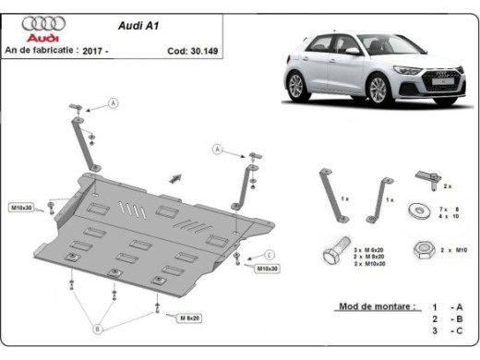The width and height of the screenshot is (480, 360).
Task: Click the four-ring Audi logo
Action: click(x=40, y=22)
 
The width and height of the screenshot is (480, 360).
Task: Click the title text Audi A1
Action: click(x=140, y=26)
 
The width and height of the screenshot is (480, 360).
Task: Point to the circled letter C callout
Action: click(x=270, y=254)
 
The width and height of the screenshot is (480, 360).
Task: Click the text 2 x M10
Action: click(x=453, y=250)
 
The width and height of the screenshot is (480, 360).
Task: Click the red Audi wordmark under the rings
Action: click(x=41, y=39)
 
